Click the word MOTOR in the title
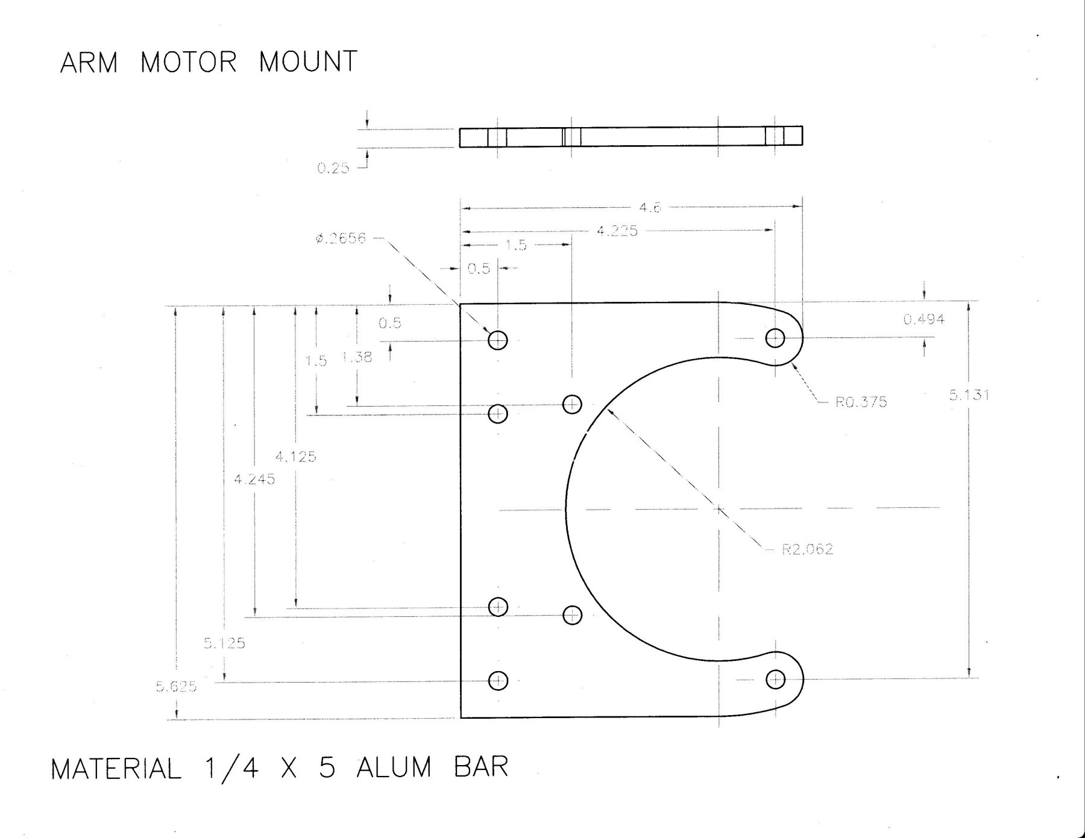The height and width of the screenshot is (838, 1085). [x=188, y=62]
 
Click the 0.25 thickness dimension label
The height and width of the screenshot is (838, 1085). [x=333, y=168]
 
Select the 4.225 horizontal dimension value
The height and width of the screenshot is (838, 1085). [x=617, y=231]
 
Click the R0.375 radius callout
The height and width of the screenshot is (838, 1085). [x=861, y=402]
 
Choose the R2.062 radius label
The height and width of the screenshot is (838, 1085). [x=807, y=549]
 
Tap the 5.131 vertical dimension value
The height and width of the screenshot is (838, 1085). [x=969, y=395]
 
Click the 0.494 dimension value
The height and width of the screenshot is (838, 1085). [x=923, y=319]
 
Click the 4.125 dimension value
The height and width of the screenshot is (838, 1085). [x=295, y=457]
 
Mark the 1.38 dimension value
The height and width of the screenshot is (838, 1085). [x=357, y=357]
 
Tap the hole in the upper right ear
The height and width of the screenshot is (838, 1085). [x=775, y=338]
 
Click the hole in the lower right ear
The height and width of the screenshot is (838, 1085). [x=775, y=680]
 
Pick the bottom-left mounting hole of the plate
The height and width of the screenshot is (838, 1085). [x=498, y=681]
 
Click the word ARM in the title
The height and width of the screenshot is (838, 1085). [x=88, y=62]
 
